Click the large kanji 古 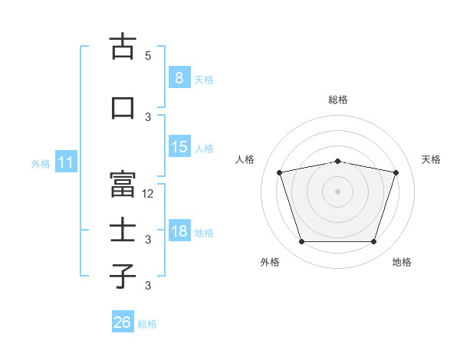tap(123, 46)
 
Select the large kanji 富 tap(123, 184)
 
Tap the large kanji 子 tap(123, 276)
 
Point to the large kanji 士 tap(123, 229)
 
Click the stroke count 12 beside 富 tap(147, 194)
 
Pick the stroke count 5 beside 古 tap(148, 55)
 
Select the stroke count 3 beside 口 tap(148, 117)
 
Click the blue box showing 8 tap(179, 77)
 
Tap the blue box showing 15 tap(179, 146)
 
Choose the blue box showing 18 tap(179, 230)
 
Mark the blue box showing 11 tap(66, 162)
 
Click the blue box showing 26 tap(123, 321)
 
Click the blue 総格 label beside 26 tap(147, 324)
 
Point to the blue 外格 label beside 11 tap(41, 164)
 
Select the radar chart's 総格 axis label tap(338, 100)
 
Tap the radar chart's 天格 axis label tap(431, 159)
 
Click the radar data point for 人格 tap(279, 172)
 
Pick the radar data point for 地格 tap(373, 242)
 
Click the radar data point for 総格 tap(337, 162)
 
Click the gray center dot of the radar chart tap(337, 191)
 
